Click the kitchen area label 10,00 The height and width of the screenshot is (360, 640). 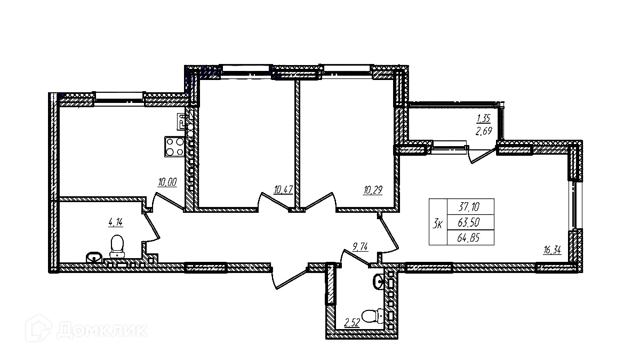(166, 182)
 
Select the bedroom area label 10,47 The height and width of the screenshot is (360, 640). (283, 189)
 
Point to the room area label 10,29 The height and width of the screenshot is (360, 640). (372, 189)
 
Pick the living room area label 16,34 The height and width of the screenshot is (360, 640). (552, 250)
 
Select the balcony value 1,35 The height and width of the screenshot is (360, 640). (483, 119)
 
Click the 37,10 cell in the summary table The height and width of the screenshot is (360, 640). (470, 206)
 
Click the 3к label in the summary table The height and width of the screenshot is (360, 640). (437, 223)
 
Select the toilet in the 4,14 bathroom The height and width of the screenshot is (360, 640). (117, 247)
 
